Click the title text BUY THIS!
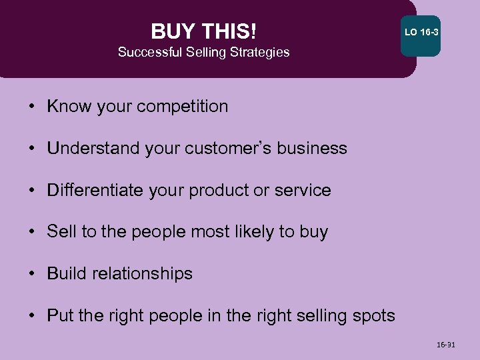pyautogui.click(x=203, y=31)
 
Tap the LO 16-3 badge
pyautogui.click(x=420, y=33)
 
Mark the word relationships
pyautogui.click(x=143, y=274)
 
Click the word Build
pyautogui.click(x=66, y=274)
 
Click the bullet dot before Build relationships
pyautogui.click(x=33, y=274)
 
